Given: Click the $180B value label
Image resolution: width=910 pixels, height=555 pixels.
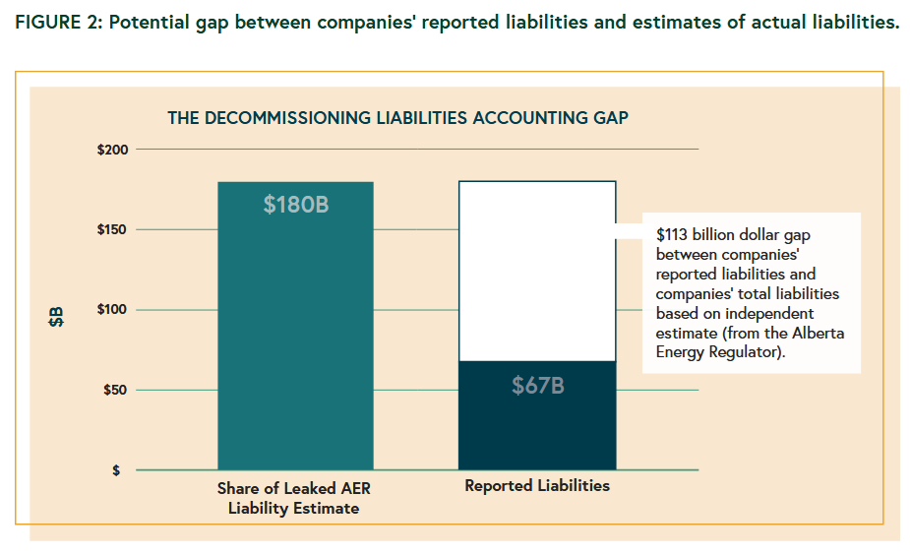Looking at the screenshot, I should coord(295,206).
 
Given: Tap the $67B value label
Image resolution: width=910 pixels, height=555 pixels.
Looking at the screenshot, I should coord(537,386).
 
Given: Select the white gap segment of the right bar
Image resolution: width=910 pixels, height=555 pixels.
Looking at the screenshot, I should coord(537,271).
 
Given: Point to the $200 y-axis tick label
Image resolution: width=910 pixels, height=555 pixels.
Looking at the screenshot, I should coord(112,150).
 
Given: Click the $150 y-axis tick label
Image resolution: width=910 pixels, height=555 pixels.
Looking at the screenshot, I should coord(112,229).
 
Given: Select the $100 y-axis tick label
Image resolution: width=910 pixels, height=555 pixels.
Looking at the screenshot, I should coord(112,310).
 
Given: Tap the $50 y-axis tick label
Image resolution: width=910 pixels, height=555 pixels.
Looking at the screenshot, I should coord(115,390).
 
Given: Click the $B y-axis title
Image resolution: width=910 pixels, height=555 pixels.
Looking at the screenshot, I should coord(57,317).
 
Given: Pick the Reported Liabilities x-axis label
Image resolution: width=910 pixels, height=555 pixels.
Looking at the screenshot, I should coord(537,486).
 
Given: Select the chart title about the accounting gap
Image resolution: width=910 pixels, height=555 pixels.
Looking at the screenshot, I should coord(397,117).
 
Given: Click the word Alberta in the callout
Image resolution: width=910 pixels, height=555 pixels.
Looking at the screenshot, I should coord(821,333).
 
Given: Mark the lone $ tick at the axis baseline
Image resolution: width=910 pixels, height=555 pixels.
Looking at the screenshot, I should coord(116,470).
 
